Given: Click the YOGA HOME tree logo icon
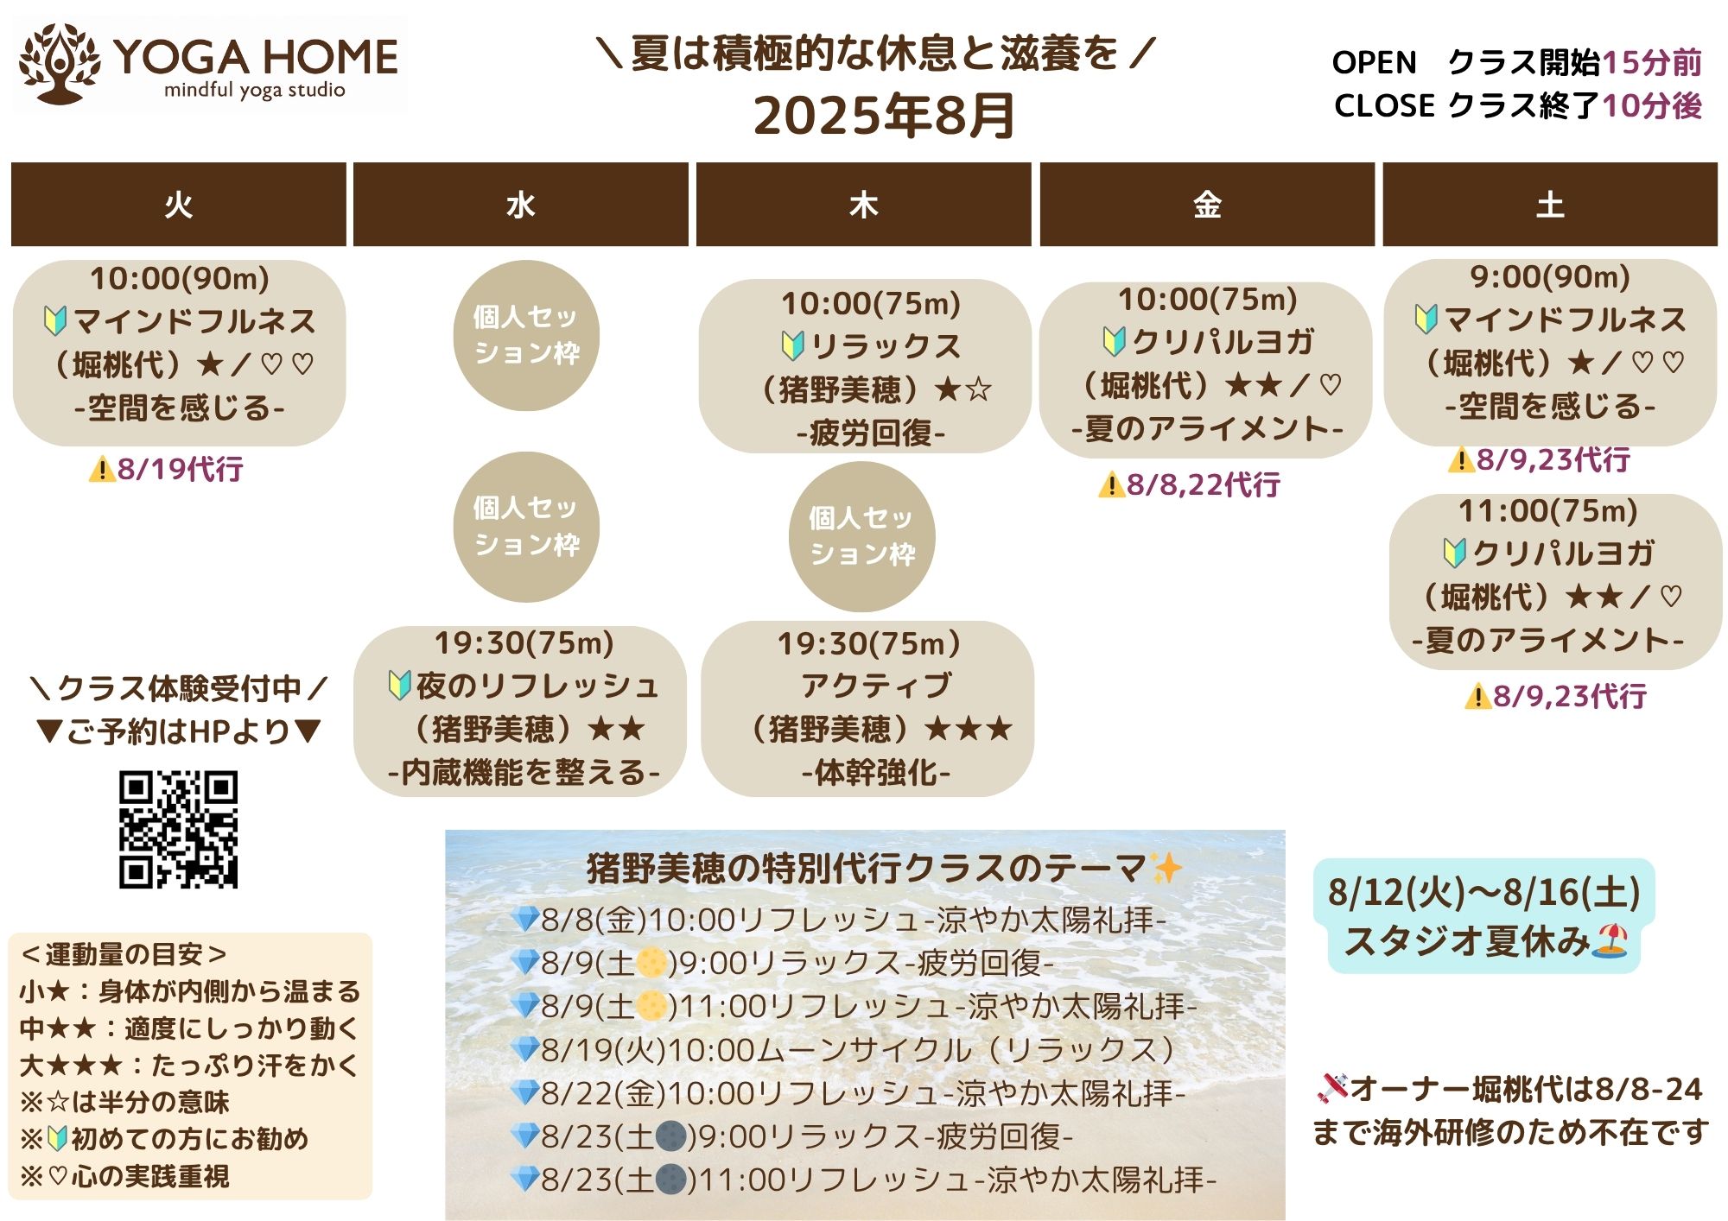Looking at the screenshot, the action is click(59, 63).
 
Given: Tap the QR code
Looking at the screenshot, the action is click(178, 829).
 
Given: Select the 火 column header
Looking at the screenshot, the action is click(179, 205).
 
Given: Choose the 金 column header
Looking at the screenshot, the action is click(1207, 205).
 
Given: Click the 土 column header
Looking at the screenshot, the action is click(1550, 205).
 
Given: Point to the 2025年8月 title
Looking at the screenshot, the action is click(884, 116).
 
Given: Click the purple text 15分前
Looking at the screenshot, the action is click(1651, 62).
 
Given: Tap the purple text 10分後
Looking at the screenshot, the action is click(1651, 105).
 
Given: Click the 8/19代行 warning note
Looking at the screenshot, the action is click(166, 469).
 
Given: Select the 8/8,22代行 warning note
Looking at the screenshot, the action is click(1189, 484).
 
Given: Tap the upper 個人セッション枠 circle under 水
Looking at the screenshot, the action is click(526, 335).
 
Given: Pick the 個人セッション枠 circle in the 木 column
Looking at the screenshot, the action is click(862, 536).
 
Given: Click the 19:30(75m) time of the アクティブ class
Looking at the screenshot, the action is click(869, 643).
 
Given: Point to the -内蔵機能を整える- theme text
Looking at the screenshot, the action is click(524, 772).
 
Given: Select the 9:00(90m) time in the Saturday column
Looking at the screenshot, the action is click(1550, 276).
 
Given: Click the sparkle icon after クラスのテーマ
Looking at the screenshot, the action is click(1166, 867).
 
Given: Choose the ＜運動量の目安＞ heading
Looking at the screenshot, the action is click(124, 954).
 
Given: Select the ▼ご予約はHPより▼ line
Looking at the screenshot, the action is click(179, 732).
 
